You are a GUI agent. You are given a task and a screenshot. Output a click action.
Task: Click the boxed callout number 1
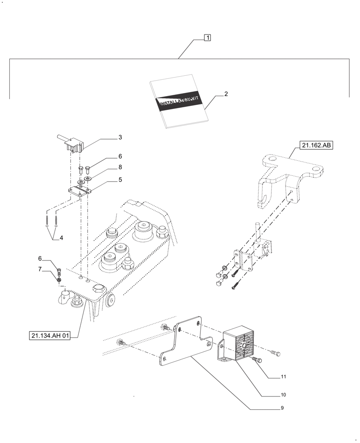tap(207, 38)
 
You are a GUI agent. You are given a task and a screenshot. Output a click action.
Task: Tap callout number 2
tap(226, 94)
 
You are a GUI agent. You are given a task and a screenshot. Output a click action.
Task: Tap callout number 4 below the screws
tap(61, 238)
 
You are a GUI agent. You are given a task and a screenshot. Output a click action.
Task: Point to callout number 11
tap(282, 377)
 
